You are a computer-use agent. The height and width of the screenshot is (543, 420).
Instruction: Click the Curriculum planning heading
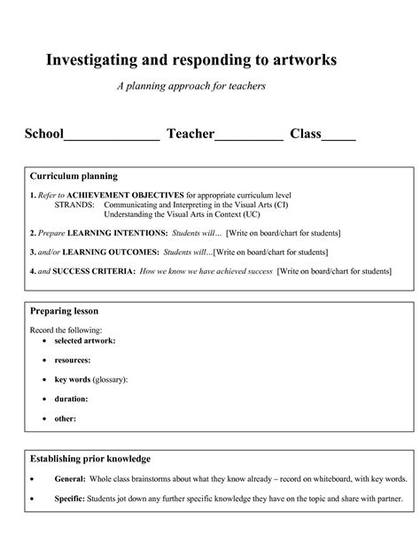tap(74, 176)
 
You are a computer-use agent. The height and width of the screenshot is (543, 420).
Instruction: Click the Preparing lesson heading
tap(65, 312)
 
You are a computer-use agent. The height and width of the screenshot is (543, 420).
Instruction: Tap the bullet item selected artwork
tap(85, 340)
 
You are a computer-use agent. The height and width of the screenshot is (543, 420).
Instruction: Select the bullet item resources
tap(75, 360)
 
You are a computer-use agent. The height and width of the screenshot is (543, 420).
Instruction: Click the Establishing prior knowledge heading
tap(90, 459)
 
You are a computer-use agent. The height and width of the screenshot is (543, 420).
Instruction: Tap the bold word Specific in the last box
tap(71, 499)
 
